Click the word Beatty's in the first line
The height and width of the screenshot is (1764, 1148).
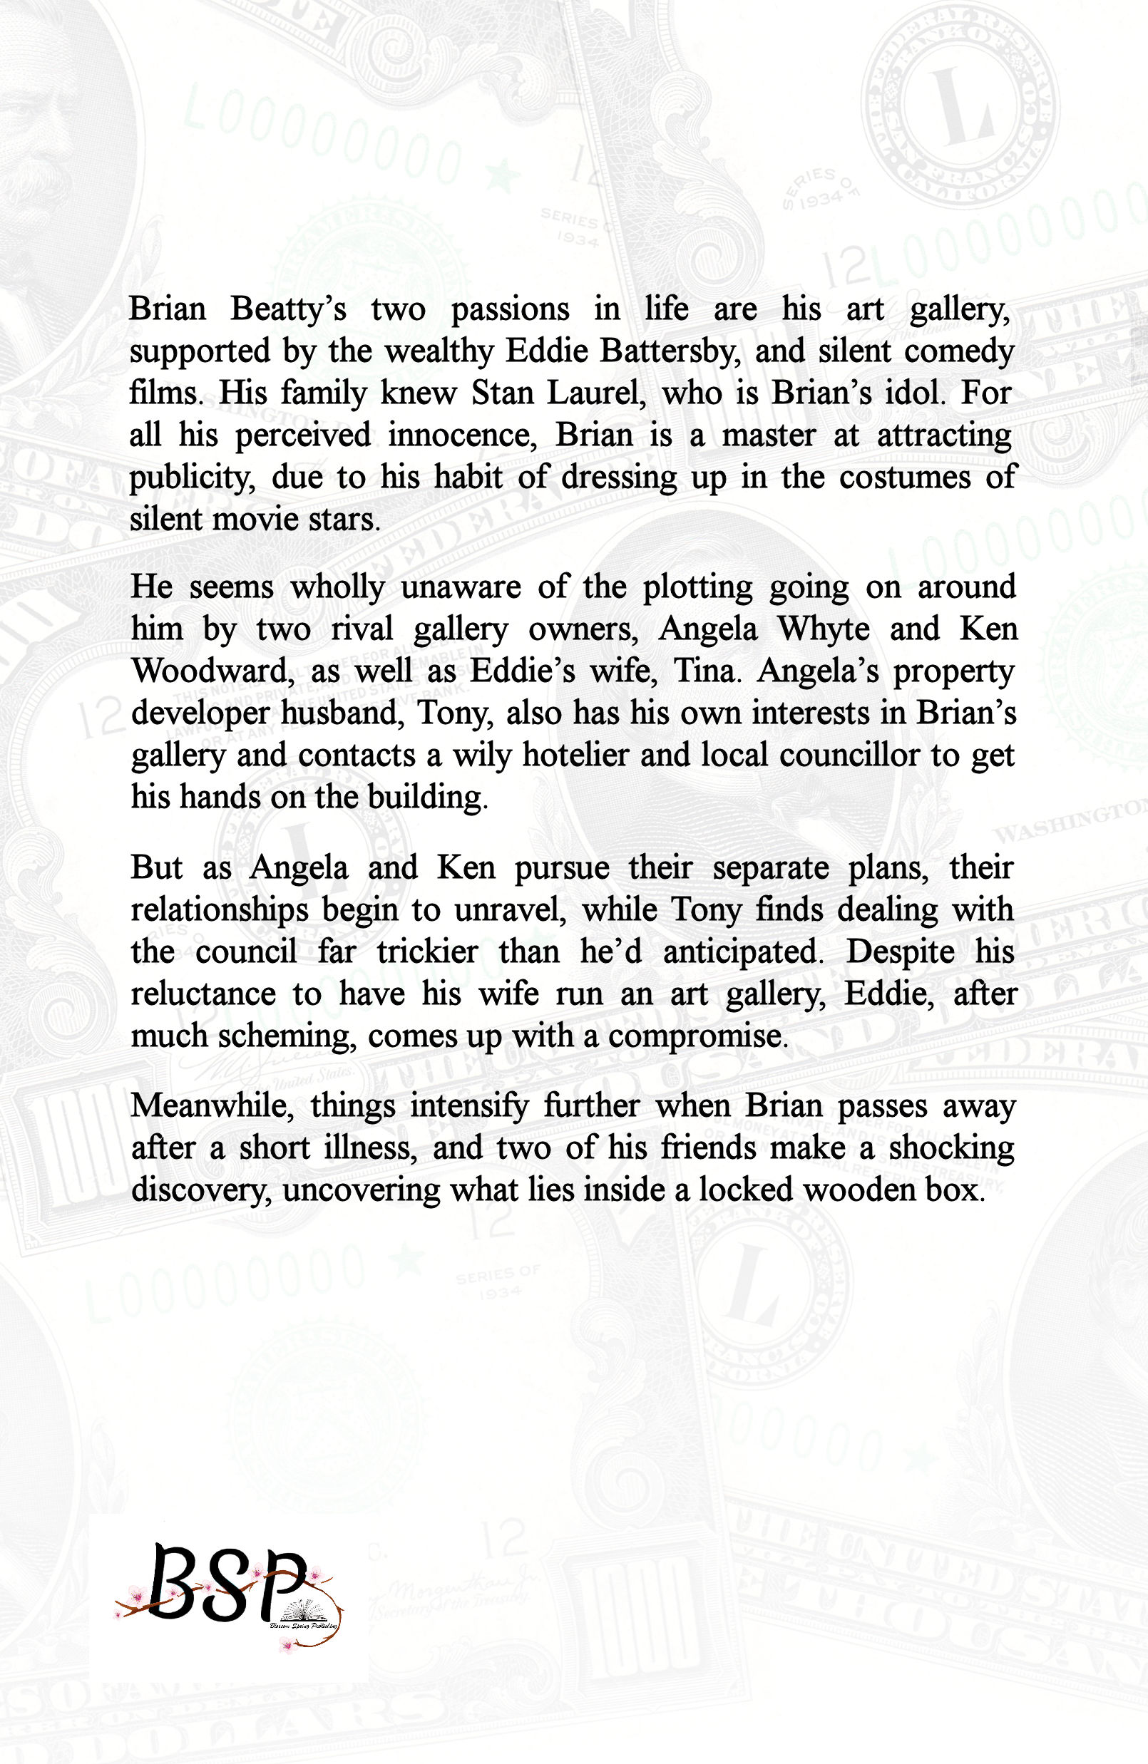[x=288, y=309]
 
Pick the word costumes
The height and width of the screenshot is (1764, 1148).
[x=905, y=478]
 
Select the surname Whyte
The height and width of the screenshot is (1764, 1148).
[x=823, y=629]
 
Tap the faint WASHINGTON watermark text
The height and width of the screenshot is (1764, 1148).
[x=1068, y=822]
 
